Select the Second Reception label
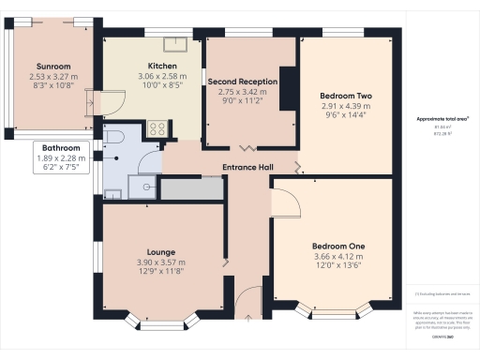[243, 82]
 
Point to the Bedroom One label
[338, 246]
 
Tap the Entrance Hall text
[247, 168]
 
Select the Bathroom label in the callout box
[61, 148]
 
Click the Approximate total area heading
[442, 119]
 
